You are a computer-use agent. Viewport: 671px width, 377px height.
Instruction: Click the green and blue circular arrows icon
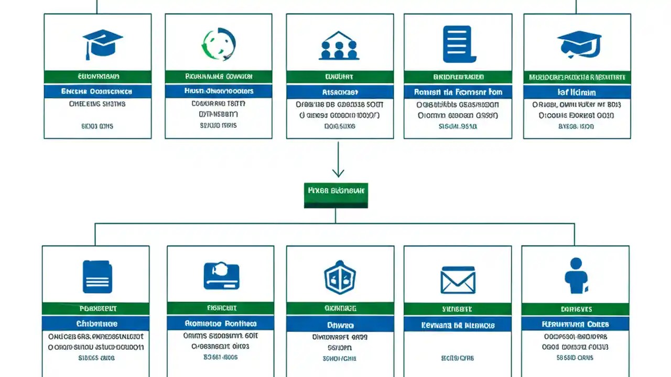tap(219, 44)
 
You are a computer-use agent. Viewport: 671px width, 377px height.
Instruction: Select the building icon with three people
tap(339, 45)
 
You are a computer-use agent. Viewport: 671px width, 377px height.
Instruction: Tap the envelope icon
tap(458, 280)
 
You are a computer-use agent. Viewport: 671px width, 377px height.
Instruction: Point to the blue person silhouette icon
tap(576, 275)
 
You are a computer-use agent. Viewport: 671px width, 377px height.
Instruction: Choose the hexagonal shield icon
tap(340, 277)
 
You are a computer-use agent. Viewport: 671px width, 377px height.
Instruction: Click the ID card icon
tap(221, 276)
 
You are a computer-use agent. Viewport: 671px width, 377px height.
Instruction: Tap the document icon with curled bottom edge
tap(458, 45)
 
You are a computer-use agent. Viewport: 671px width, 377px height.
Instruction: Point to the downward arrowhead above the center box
tap(338, 173)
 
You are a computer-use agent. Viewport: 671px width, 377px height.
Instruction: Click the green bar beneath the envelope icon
tap(458, 309)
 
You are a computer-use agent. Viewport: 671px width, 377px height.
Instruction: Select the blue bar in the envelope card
tap(458, 325)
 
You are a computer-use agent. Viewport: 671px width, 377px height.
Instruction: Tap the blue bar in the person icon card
tap(576, 324)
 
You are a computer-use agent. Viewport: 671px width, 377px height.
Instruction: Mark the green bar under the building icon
tap(340, 77)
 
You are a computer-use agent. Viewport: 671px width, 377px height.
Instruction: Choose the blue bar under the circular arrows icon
tap(219, 91)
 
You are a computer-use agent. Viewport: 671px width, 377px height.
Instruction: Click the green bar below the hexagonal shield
tap(340, 308)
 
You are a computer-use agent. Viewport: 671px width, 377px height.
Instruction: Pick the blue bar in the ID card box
tap(220, 323)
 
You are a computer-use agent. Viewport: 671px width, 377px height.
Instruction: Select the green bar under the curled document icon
tap(458, 77)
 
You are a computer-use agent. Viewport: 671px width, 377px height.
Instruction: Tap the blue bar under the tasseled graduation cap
tap(98, 92)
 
